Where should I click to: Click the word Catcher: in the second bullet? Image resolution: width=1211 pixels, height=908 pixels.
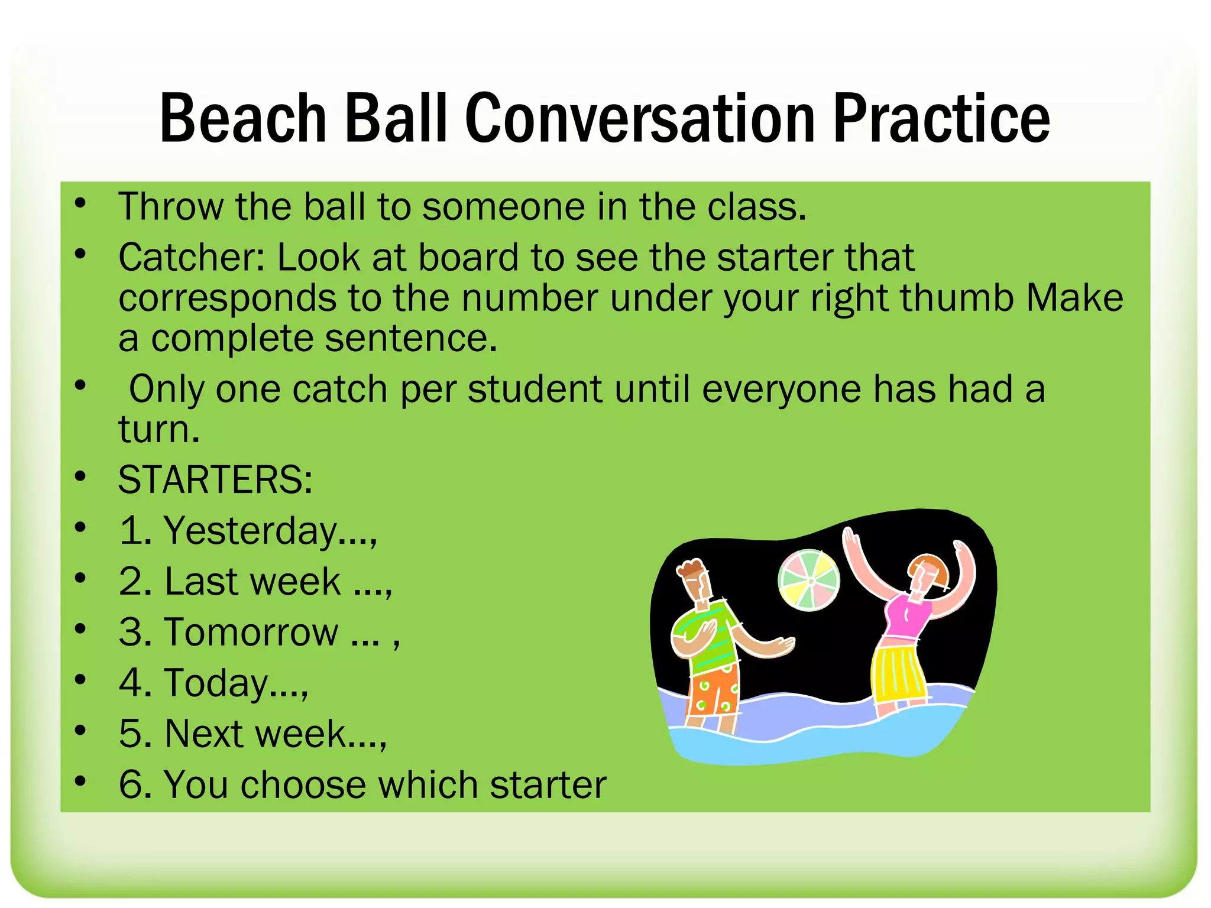point(192,258)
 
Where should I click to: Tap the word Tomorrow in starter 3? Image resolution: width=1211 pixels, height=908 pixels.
point(252,632)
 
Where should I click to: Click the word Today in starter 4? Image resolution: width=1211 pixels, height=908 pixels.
point(216,683)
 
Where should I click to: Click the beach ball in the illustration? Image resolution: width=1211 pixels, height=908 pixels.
point(808,580)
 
